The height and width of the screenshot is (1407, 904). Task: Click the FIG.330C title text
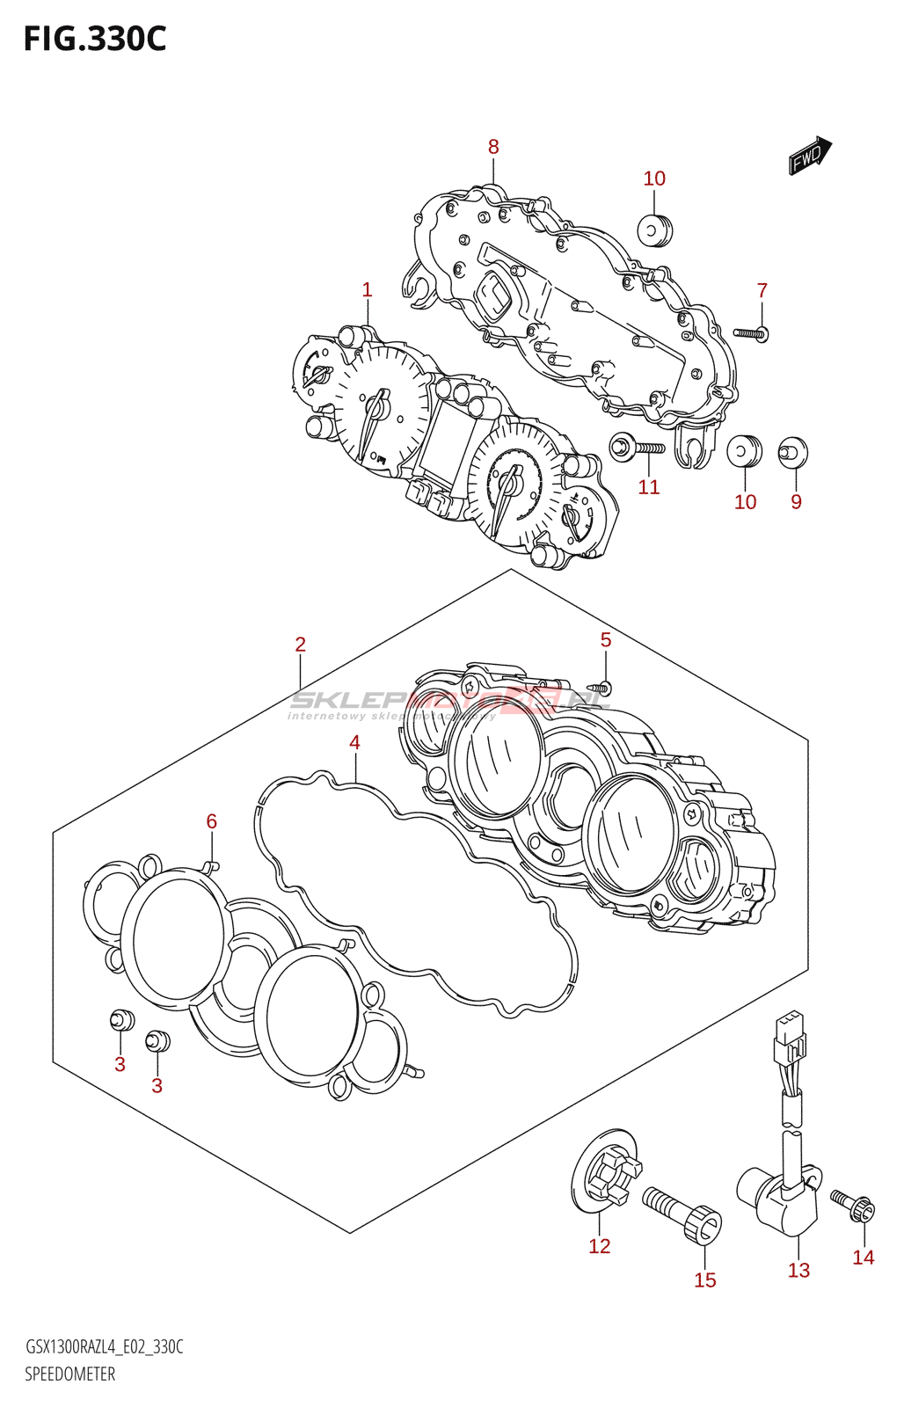point(94,40)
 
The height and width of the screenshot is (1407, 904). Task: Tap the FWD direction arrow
point(809,157)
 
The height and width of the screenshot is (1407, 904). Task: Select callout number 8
point(493,147)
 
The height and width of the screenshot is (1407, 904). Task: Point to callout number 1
point(367,289)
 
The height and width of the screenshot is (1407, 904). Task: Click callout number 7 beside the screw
point(762,290)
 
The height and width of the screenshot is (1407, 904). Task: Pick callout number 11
point(648,487)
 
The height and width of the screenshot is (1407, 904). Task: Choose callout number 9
point(796,501)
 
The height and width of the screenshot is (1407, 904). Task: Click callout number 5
point(605,640)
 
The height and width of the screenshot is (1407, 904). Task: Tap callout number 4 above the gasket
point(354,742)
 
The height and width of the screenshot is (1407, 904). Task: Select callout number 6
point(211,821)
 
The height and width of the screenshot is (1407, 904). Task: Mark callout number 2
point(300,645)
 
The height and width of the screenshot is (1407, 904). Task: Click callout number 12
point(599,1246)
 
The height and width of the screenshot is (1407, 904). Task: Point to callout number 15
point(704,1280)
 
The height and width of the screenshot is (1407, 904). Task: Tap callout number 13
point(798,1270)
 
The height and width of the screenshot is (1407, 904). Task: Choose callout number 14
point(863,1258)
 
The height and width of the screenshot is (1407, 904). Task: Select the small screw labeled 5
point(602,687)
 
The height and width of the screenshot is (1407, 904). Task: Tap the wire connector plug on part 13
point(789,1037)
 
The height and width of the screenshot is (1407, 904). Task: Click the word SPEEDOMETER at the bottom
point(69,1374)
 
